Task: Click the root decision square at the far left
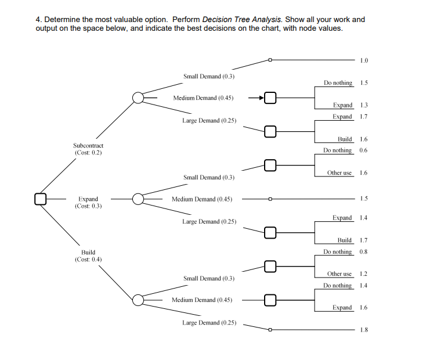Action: [x=39, y=199]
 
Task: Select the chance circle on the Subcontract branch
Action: [x=138, y=98]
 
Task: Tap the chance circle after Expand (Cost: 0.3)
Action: [x=138, y=199]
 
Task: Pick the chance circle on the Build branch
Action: [x=138, y=300]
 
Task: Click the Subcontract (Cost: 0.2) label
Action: [x=88, y=149]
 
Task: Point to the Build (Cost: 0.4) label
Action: [x=88, y=255]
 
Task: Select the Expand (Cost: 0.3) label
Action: [x=88, y=202]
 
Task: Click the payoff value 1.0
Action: [x=364, y=60]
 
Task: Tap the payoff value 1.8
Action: [x=364, y=330]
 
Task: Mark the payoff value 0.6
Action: [x=364, y=150]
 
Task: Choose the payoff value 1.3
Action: [x=364, y=105]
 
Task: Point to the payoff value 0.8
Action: [x=364, y=251]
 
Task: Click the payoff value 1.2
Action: [x=364, y=273]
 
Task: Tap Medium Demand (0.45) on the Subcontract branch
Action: [x=203, y=98]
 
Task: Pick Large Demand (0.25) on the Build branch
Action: [x=209, y=322]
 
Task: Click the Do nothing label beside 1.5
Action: [x=338, y=83]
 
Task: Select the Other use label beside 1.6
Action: [x=340, y=173]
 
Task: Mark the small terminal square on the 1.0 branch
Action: [x=269, y=59]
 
